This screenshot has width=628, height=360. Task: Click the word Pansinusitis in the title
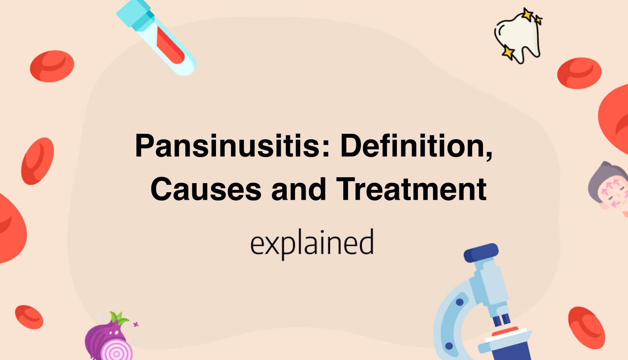click(228, 146)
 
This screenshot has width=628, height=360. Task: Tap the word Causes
click(206, 189)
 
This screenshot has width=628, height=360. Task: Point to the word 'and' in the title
click(299, 189)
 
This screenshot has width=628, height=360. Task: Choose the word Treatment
click(411, 189)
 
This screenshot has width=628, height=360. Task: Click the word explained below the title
click(312, 243)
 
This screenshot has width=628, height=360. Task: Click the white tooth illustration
click(519, 37)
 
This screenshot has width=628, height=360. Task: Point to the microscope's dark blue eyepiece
click(481, 253)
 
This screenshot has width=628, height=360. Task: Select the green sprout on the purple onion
click(118, 318)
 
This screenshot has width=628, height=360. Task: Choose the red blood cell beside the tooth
click(579, 73)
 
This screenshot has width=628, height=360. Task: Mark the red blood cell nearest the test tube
click(52, 66)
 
